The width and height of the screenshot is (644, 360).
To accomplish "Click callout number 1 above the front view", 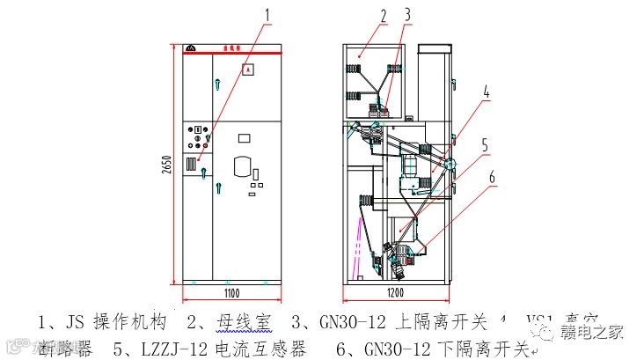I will pyautogui.click(x=267, y=13).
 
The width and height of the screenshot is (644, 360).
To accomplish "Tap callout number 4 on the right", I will pyautogui.click(x=486, y=91).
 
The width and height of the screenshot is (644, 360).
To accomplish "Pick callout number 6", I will pyautogui.click(x=492, y=177).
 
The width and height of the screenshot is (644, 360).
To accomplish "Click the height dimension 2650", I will pyautogui.click(x=165, y=164).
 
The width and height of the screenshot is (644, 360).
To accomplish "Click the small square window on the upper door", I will pyautogui.click(x=249, y=69).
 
